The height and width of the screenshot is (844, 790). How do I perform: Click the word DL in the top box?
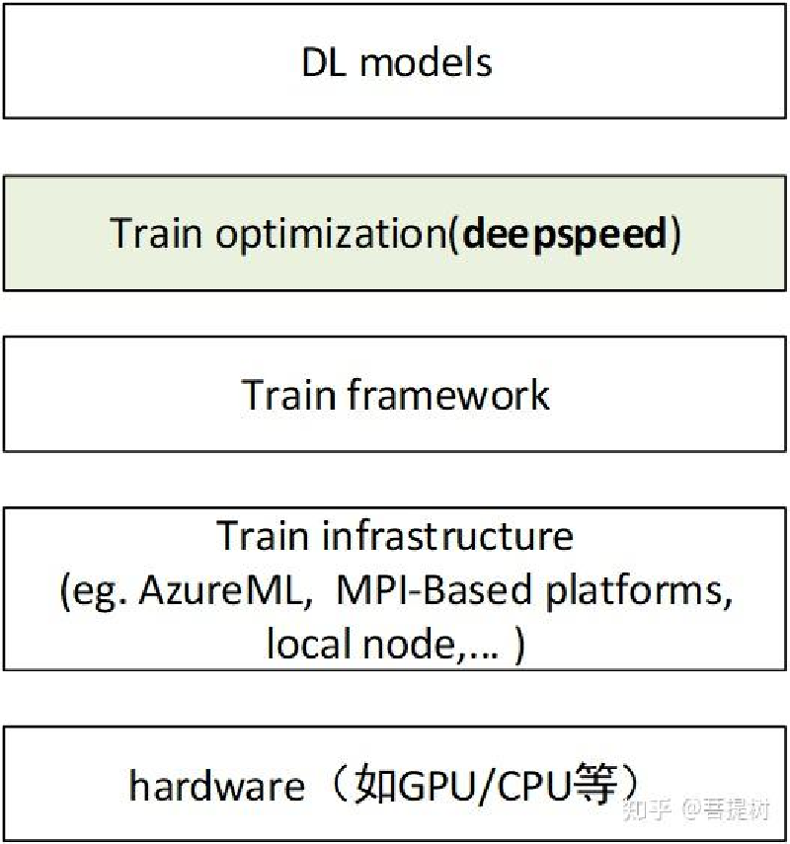click(x=325, y=63)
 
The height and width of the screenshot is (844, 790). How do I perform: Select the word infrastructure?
click(x=446, y=536)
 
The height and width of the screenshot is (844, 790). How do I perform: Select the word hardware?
click(x=216, y=786)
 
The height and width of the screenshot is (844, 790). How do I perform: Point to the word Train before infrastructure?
click(x=262, y=536)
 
